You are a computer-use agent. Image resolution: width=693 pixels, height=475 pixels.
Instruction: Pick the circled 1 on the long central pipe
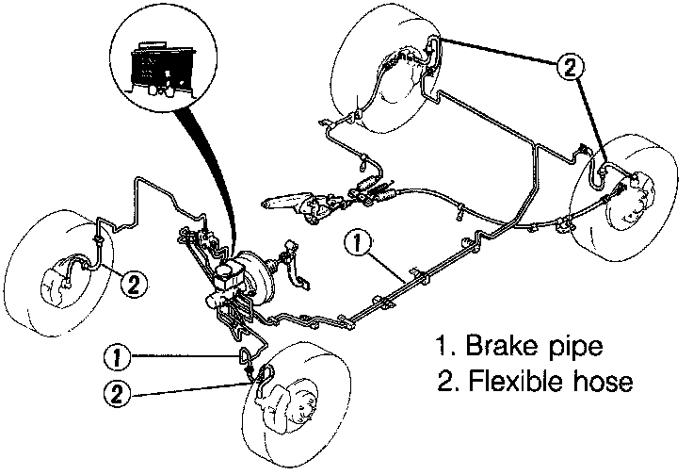[x=356, y=242]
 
